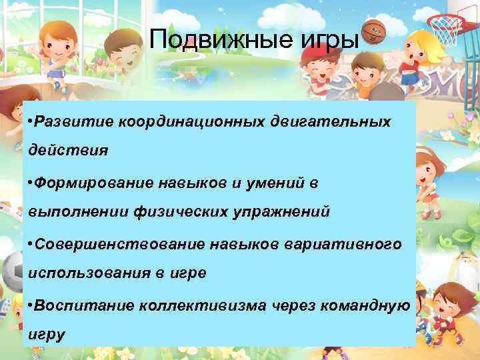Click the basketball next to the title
click(x=373, y=31)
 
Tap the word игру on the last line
click(x=47, y=335)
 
